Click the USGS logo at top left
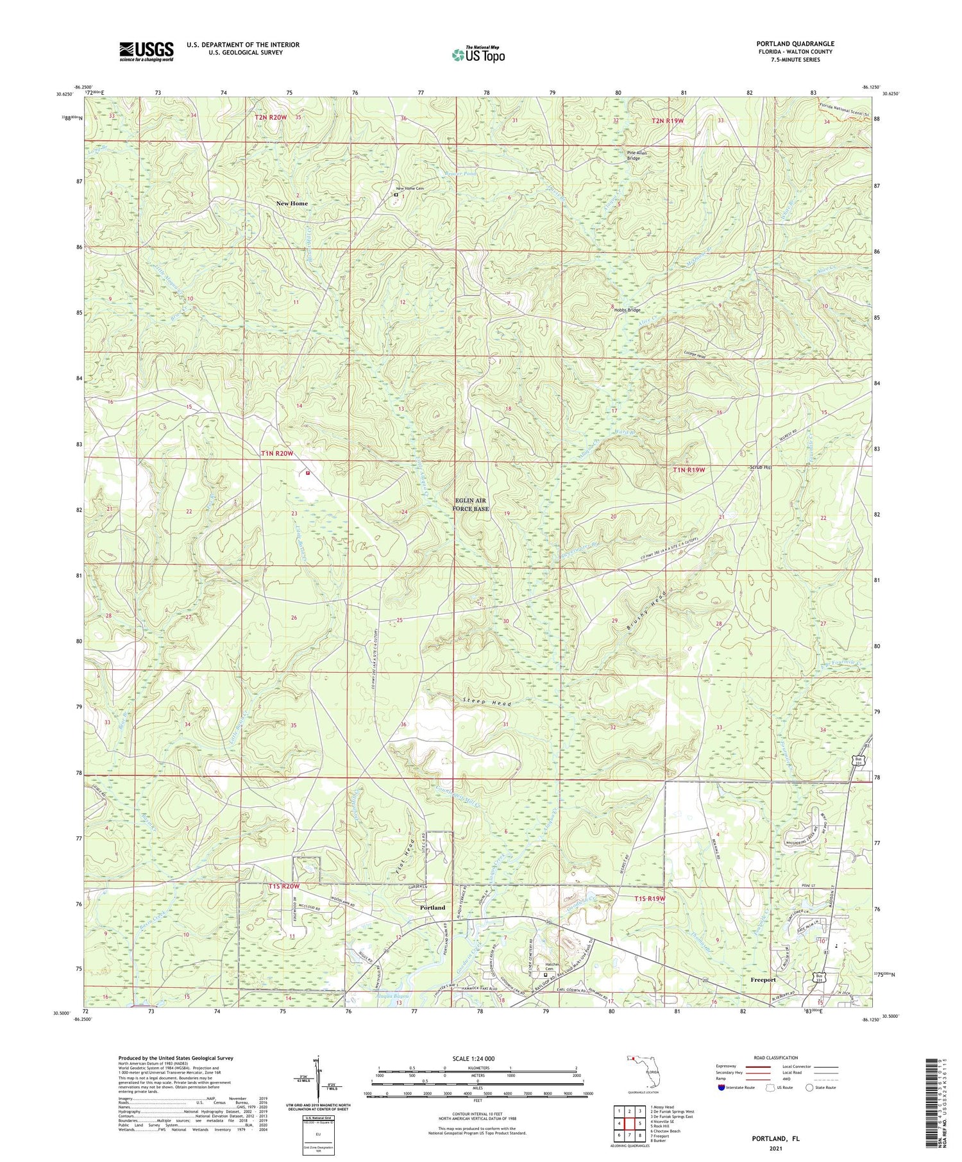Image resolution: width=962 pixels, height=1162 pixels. [146, 51]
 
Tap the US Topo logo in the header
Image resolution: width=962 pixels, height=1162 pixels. [478, 54]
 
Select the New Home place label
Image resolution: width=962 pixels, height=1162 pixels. [292, 203]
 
